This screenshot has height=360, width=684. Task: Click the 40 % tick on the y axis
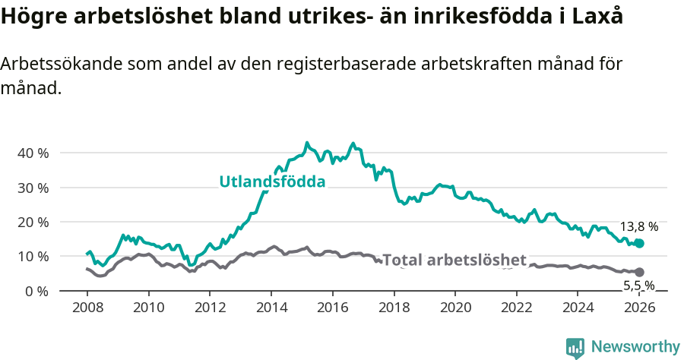click(32, 153)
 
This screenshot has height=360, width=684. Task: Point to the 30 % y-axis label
click(32, 188)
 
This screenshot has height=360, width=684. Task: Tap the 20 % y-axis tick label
click(32, 222)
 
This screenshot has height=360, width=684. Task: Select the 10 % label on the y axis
click(32, 257)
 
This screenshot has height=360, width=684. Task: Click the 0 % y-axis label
click(36, 291)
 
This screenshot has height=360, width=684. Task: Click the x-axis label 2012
click(210, 308)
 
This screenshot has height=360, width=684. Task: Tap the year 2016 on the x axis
click(332, 308)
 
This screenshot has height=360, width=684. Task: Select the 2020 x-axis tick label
click(454, 308)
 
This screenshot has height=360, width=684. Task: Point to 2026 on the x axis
click(639, 308)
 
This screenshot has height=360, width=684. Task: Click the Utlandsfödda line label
click(272, 182)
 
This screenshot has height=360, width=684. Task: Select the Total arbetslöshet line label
click(454, 261)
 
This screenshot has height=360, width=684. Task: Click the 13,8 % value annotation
click(638, 226)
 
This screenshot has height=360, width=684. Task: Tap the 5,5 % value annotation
click(638, 286)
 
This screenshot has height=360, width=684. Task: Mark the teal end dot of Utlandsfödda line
click(639, 243)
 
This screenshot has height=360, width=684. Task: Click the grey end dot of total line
click(639, 272)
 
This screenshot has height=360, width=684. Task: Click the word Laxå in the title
click(595, 17)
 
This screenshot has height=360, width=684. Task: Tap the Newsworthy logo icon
click(575, 348)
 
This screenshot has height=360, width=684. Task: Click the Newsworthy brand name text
click(635, 347)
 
